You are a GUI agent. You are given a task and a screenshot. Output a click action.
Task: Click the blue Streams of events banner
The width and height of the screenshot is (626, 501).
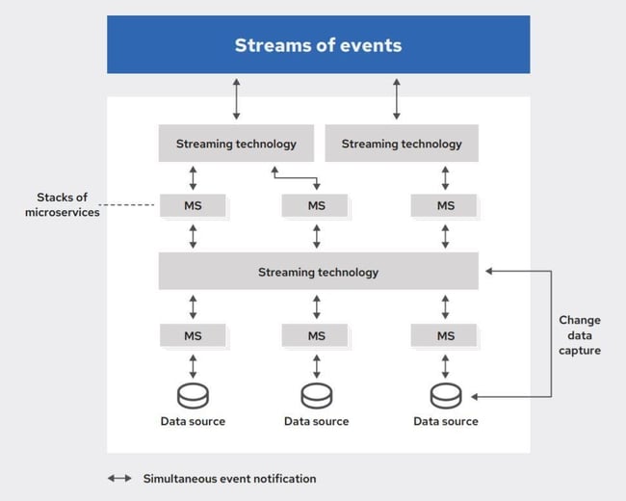point(318,44)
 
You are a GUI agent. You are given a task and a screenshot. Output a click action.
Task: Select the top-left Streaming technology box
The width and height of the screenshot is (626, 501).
point(236,144)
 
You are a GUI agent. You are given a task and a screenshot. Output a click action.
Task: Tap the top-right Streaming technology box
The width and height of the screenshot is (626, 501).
point(402,144)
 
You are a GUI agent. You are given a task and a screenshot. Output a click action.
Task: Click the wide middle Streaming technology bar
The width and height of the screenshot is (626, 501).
point(318,272)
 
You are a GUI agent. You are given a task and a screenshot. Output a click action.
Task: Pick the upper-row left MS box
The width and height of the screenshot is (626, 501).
point(193,205)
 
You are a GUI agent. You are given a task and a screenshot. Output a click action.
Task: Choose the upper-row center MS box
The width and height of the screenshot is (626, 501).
point(317,205)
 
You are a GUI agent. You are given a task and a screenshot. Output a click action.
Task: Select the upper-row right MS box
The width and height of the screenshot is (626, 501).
point(445,205)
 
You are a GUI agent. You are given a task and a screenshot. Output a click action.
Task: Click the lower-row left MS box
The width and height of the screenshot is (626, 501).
point(193,335)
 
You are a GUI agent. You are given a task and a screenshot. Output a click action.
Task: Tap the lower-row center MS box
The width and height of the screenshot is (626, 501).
point(317,335)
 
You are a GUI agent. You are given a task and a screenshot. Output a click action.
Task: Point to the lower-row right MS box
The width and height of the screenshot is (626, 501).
point(445,335)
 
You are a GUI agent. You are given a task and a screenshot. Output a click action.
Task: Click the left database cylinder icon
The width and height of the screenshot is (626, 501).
point(193,395)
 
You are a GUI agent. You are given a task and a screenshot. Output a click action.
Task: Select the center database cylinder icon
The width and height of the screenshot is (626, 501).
point(317,395)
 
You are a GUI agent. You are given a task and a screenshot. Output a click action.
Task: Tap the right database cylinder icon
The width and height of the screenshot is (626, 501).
point(445,395)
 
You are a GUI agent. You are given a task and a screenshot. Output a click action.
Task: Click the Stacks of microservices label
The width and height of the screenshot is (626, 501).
point(63,204)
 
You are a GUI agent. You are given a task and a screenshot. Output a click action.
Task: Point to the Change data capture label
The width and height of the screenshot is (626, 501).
point(579,335)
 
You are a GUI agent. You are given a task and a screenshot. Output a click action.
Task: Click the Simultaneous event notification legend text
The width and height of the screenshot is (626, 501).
point(229,478)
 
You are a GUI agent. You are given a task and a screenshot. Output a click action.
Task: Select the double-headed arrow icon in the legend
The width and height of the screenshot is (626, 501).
point(120,478)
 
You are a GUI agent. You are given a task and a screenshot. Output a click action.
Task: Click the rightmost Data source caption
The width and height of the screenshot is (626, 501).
point(446,421)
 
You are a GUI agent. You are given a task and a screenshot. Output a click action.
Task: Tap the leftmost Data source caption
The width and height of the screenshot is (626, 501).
point(193,421)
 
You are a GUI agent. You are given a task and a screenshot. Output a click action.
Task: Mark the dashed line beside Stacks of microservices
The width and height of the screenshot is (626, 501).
point(130,205)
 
